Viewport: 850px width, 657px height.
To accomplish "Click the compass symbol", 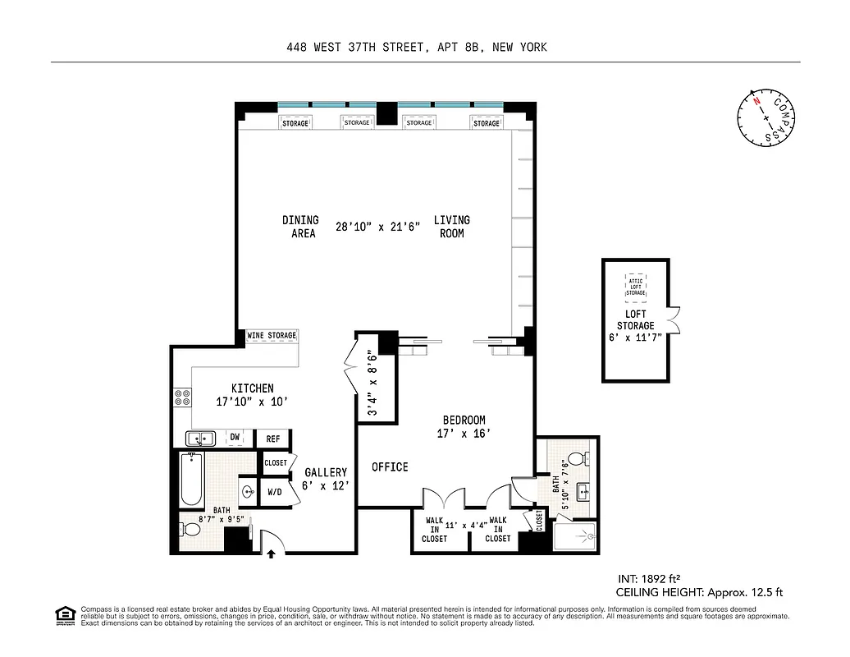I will [767, 117].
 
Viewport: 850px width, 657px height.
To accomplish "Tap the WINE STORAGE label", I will [272, 336].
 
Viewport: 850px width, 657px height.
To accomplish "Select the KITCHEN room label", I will [252, 388].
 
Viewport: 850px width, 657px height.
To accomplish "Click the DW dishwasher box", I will [235, 439].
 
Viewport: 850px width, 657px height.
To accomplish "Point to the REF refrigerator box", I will [273, 439].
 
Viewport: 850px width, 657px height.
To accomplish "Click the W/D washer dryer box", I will [275, 494].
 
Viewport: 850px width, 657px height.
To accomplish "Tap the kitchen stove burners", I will [182, 399].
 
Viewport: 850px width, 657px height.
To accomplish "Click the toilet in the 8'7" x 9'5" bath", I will [190, 527].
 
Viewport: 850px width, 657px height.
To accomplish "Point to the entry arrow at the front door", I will [271, 554].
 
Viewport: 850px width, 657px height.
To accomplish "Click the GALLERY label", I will [326, 472].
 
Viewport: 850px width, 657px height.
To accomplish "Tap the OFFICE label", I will [390, 466].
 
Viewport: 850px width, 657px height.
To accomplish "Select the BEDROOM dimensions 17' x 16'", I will [464, 433].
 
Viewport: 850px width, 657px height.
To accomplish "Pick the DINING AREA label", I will [300, 227].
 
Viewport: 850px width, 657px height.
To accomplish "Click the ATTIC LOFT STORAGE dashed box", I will [636, 284].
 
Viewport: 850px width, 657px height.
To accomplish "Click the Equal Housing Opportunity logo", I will [63, 614].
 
